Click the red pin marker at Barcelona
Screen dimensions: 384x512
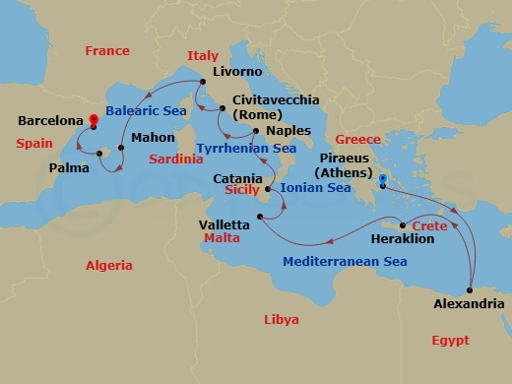click(x=93, y=122)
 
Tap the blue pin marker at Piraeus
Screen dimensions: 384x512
click(x=382, y=180)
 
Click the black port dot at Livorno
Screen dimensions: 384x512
click(x=201, y=82)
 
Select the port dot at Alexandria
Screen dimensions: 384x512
click(x=471, y=289)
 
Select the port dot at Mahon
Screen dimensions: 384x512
click(x=120, y=149)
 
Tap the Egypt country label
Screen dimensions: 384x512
click(x=450, y=340)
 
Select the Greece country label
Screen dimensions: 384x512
click(x=357, y=139)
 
